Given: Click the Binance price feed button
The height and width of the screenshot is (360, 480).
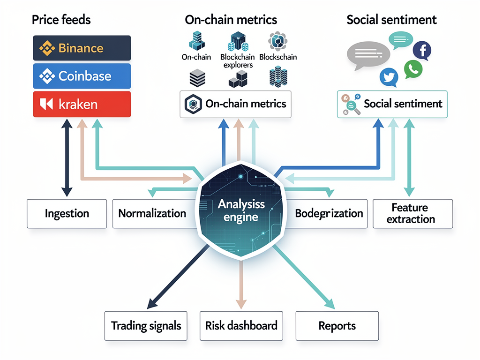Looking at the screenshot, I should click(82, 48).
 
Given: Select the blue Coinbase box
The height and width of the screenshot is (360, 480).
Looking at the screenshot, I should click(82, 76).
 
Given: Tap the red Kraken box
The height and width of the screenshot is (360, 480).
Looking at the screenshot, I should click(82, 104).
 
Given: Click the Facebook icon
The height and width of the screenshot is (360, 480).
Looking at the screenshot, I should click(421, 50).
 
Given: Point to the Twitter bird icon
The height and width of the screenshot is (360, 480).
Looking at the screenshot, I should click(388, 77).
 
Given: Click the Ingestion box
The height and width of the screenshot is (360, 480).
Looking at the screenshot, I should click(67, 214).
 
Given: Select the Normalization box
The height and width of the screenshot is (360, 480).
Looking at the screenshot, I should click(152, 214).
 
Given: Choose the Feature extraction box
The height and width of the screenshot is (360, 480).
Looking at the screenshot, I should click(413, 213).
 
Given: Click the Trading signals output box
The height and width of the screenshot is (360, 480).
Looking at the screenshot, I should click(146, 326).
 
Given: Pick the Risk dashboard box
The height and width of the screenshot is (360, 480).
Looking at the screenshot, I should click(241, 326).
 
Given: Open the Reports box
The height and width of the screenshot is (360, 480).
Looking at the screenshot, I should click(337, 326).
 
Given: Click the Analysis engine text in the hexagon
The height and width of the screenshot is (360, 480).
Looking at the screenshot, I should click(241, 210).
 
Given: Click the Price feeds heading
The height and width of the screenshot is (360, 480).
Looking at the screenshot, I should click(61, 20).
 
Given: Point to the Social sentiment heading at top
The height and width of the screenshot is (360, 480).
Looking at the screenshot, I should click(391, 20).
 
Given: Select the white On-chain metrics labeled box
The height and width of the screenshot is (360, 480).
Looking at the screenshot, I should click(236, 104).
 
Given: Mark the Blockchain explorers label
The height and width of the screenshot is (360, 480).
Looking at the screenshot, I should click(238, 61).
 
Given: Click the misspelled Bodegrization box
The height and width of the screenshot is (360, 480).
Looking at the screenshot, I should click(329, 214).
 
